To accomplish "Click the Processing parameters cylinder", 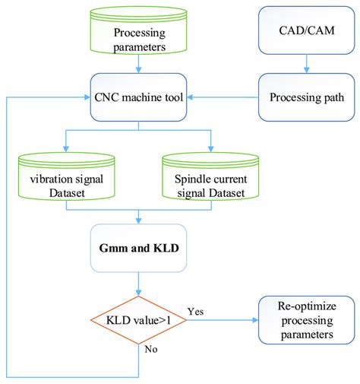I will (138, 34).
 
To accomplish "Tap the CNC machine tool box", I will (138, 97).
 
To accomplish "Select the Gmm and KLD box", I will (138, 248).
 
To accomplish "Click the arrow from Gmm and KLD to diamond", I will (138, 282).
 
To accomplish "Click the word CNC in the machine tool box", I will (110, 97).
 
